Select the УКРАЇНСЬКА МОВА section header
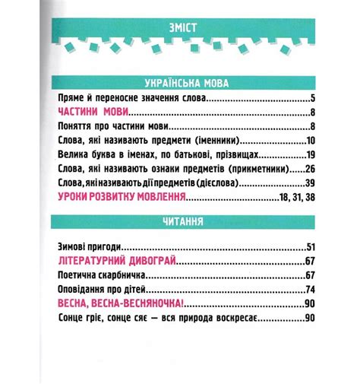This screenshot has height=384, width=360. coord(180,82)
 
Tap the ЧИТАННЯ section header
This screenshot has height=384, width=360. coord(180,222)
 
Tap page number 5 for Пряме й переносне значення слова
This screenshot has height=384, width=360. coord(312,99)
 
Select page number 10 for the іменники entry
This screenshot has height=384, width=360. coord(310,141)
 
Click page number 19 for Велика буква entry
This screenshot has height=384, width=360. coord(310,155)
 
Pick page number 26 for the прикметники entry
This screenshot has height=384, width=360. coord(310,169)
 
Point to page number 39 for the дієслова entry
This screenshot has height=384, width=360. coord(310,183)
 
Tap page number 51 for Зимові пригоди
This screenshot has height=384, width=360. coord(310,247)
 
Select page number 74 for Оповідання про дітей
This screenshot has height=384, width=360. coord(310,290)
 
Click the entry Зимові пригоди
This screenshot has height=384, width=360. coord(90,247)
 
